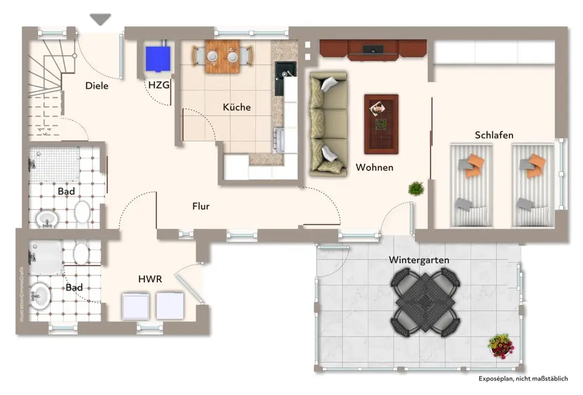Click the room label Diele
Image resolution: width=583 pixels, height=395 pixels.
coord(97,86)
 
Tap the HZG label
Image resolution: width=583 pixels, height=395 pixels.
coord(159,85)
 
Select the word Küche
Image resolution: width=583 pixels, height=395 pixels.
coord(237,107)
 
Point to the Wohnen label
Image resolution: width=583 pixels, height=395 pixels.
coord(374,167)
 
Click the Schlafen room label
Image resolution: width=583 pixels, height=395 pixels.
coord(494,135)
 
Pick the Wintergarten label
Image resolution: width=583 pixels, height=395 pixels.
coord(419,260)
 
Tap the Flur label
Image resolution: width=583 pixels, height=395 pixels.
coord(201,206)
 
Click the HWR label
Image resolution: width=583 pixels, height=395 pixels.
coord(150,279)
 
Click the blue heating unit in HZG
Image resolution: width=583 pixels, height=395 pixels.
coord(158,59)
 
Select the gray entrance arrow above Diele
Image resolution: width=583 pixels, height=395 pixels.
coord(100,19)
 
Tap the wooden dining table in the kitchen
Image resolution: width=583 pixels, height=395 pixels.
coord(222,57)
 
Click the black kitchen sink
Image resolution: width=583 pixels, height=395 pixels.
coord(285,78)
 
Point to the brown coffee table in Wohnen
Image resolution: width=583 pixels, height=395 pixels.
coord(381,124)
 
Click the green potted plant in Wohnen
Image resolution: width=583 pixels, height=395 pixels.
coord(416,188)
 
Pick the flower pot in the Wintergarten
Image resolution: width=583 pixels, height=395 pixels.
coord(501,345)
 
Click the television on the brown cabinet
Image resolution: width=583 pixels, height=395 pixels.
coord(373,50)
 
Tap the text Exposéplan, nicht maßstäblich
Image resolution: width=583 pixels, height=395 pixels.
coord(523,379)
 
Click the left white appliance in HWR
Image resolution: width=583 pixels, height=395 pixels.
coord(136,306)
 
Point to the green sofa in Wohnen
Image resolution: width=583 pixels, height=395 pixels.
coord(328,124)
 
